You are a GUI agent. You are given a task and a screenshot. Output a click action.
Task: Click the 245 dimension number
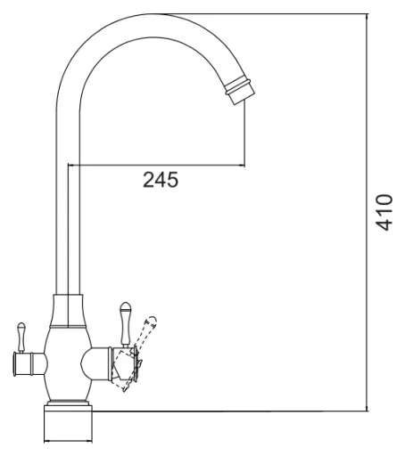(x=161, y=180)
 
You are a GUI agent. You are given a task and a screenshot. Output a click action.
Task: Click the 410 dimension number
(x=384, y=212)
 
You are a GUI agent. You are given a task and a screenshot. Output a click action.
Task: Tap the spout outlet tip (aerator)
(x=240, y=90)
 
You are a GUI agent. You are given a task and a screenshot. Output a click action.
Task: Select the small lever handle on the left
(x=21, y=338)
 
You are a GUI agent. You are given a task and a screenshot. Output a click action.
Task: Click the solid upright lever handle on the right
(x=125, y=324)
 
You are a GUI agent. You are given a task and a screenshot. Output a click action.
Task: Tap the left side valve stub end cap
(x=15, y=364)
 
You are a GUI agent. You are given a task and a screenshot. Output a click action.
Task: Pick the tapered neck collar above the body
(x=68, y=311)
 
